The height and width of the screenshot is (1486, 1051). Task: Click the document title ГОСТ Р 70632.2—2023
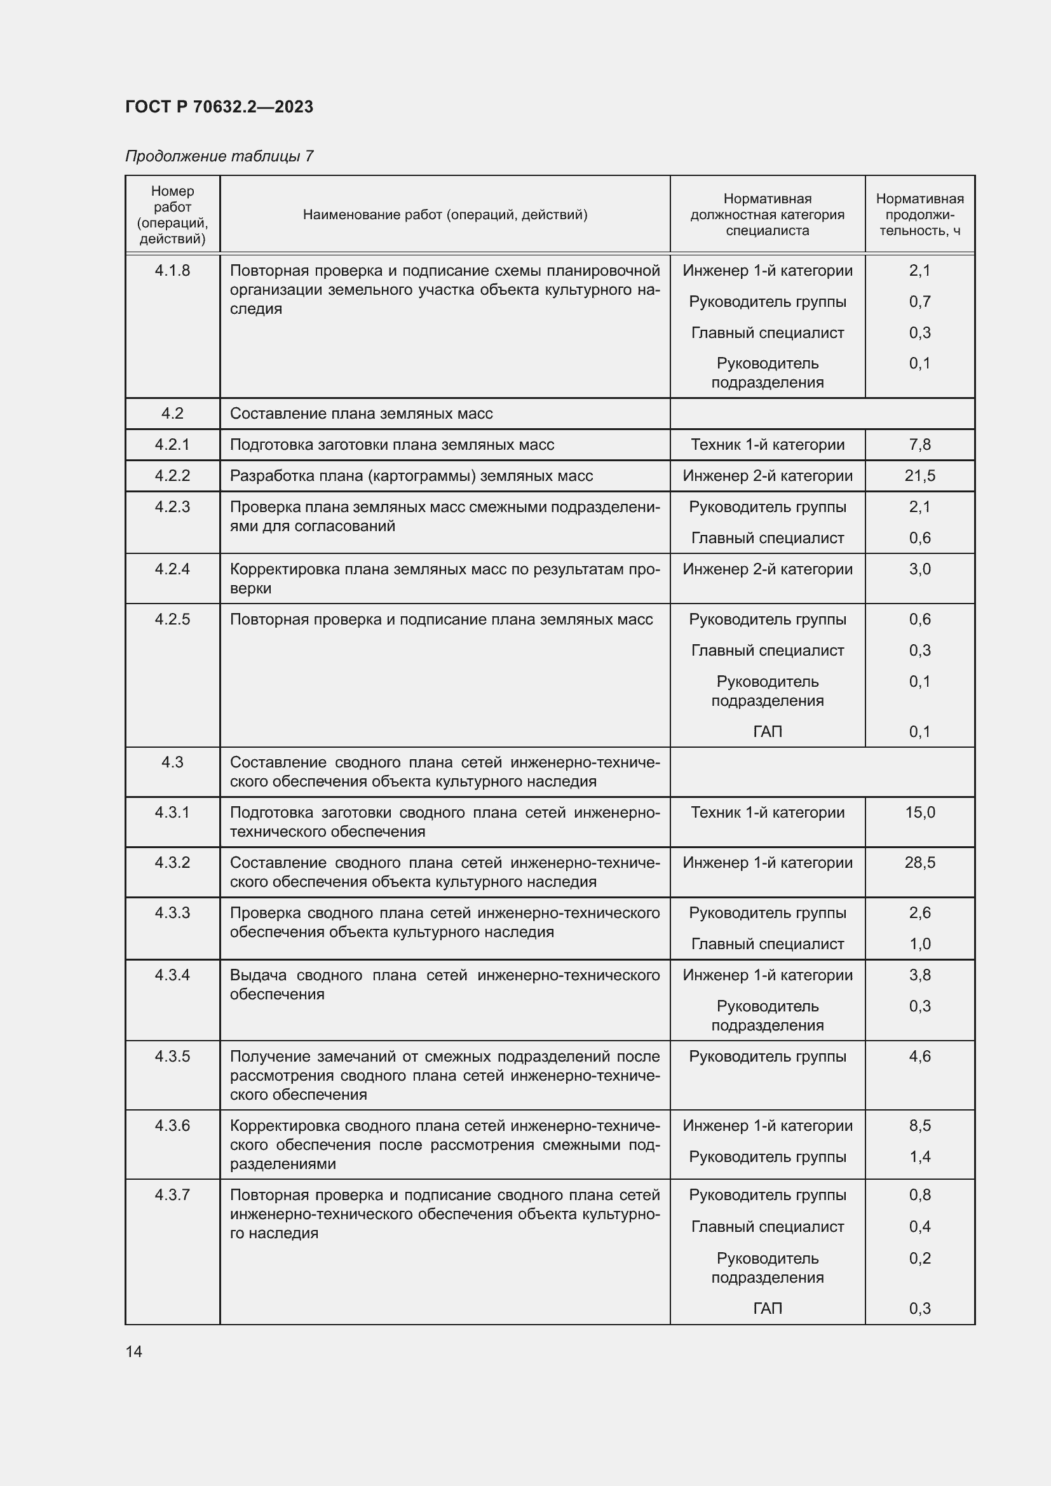coord(219,107)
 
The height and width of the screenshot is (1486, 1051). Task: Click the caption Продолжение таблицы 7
coord(219,156)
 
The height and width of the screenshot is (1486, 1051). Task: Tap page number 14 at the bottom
coord(134,1351)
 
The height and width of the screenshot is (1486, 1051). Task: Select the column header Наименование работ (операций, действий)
coord(445,214)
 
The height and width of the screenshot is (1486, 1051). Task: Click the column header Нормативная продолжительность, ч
coord(919,214)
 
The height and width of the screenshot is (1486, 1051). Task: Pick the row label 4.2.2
coord(172,476)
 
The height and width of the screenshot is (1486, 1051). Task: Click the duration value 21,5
coord(919,476)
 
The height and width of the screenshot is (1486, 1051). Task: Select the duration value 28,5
coord(919,863)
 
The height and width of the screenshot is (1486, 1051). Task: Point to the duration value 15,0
coord(919,813)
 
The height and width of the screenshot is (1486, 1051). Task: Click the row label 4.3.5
coord(172,1057)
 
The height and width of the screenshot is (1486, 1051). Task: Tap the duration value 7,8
coord(919,445)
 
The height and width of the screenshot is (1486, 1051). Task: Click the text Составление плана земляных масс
coord(361,414)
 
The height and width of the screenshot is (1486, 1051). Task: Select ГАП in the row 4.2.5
coord(767,731)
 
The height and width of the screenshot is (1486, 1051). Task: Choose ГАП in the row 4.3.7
coord(767,1308)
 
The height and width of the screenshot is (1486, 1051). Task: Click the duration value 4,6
coord(919,1057)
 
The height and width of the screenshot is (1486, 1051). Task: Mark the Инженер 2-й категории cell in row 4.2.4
coord(767,569)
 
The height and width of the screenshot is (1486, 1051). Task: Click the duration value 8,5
coord(919,1126)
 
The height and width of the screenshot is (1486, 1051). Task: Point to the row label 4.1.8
coord(172,271)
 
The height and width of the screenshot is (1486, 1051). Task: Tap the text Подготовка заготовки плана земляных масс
coord(391,445)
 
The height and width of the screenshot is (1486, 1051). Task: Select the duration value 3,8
coord(919,975)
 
